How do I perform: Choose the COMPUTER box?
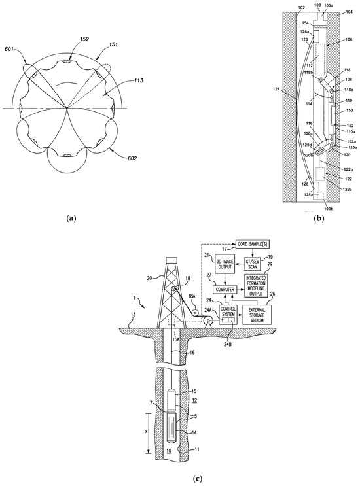click(x=226, y=289)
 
